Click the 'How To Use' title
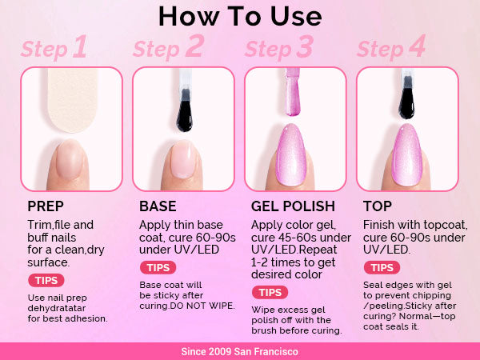pyautogui.click(x=240, y=16)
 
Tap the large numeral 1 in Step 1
pyautogui.click(x=80, y=46)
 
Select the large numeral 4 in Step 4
pyautogui.click(x=418, y=46)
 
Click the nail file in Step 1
pyautogui.click(x=73, y=100)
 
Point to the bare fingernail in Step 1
pyautogui.click(x=70, y=159)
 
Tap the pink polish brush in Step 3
pyautogui.click(x=293, y=92)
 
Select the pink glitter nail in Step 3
pyautogui.click(x=291, y=155)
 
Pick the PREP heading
pyautogui.click(x=46, y=206)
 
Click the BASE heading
pyautogui.click(x=158, y=206)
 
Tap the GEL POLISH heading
pyautogui.click(x=293, y=206)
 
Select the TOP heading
pyautogui.click(x=378, y=206)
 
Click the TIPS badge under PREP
pyautogui.click(x=46, y=281)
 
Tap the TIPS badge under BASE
pyautogui.click(x=158, y=267)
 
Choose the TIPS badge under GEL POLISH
pyautogui.click(x=270, y=292)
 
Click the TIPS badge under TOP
pyautogui.click(x=382, y=267)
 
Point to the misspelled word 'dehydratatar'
pyautogui.click(x=57, y=308)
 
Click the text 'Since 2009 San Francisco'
pyautogui.click(x=240, y=351)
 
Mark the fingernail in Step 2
pyautogui.click(x=183, y=159)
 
